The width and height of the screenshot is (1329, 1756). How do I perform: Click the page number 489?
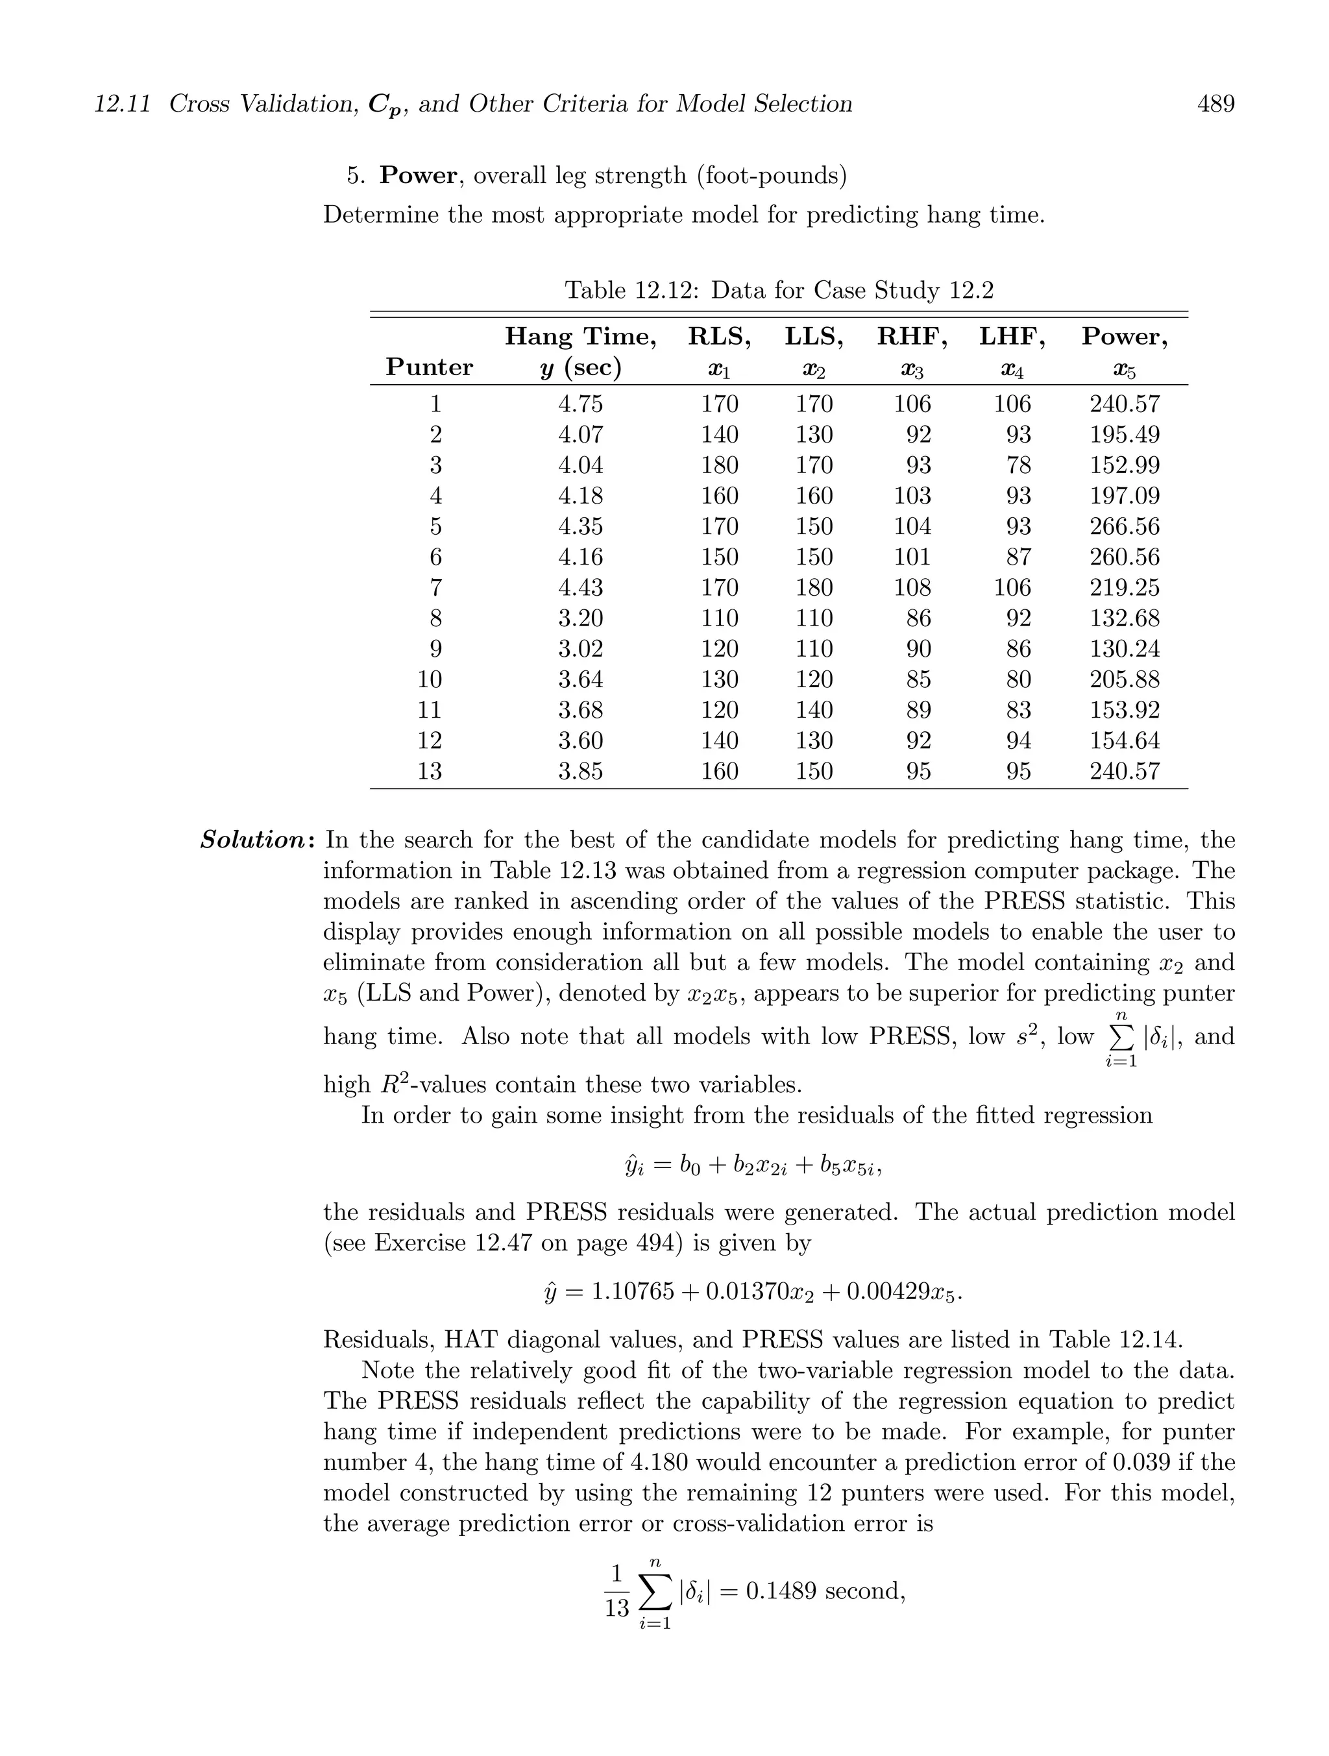pos(1215,104)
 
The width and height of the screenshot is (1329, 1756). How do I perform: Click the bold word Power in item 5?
pos(419,175)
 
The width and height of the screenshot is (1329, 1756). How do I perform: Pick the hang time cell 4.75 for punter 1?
pos(580,404)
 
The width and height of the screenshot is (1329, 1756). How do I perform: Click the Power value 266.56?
pos(1124,526)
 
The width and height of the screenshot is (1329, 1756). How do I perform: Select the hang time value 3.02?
pos(580,648)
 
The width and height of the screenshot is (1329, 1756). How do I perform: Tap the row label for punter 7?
pos(435,587)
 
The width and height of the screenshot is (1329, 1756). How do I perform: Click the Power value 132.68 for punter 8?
pos(1124,618)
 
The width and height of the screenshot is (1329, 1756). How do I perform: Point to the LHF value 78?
pos(1019,465)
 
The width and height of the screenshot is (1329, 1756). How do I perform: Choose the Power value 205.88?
pos(1124,679)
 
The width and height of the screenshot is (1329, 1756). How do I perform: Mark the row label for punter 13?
pos(430,771)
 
